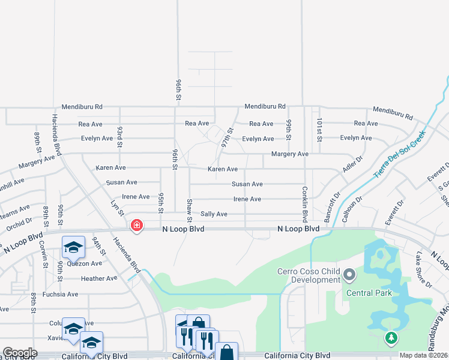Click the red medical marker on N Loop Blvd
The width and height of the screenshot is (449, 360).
(137, 226)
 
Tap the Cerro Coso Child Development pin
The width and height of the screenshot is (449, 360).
(350, 275)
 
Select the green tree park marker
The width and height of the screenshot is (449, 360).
(391, 338)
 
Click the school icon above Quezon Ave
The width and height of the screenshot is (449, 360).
(73, 246)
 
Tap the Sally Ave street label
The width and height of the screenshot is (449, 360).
(214, 214)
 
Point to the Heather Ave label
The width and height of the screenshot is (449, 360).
(99, 278)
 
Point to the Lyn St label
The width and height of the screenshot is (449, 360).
(117, 208)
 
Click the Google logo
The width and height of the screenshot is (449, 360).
(20, 353)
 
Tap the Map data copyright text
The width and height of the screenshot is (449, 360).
(423, 355)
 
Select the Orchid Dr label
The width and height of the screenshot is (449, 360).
(19, 223)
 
